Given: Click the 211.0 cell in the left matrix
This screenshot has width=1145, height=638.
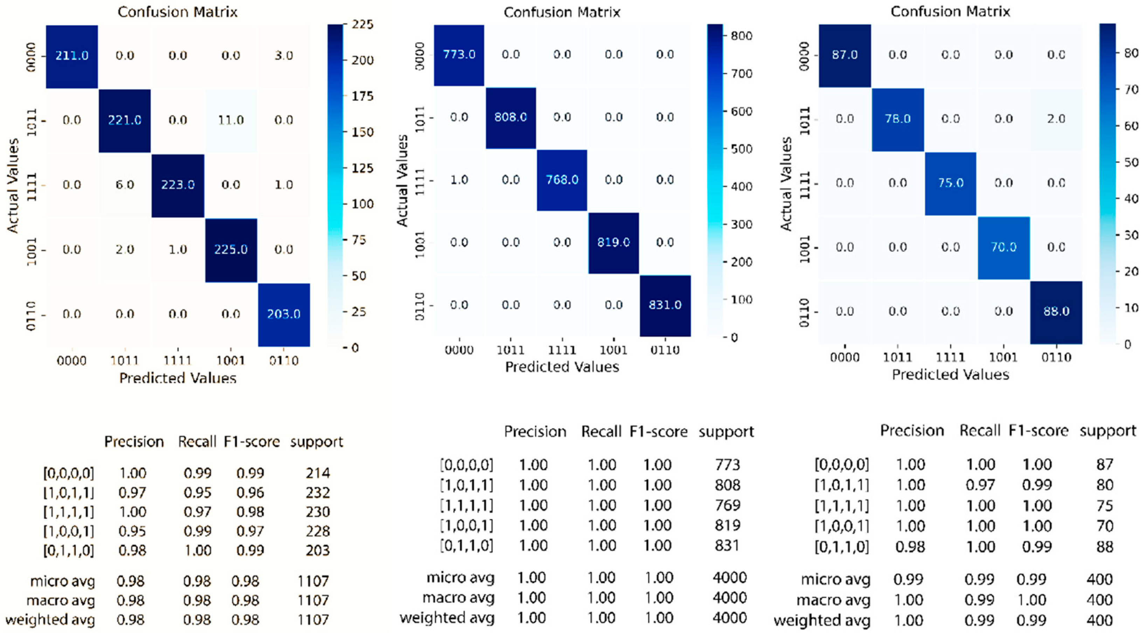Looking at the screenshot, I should point(71,56).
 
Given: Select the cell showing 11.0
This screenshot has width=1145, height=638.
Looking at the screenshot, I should point(231,120).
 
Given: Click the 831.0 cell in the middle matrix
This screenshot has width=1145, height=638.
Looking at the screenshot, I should point(665,305).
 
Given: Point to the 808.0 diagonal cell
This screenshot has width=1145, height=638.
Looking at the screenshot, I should point(510,117).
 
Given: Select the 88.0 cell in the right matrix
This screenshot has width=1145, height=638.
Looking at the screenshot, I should point(1056,311).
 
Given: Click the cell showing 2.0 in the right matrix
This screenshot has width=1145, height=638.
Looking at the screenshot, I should point(1056,119).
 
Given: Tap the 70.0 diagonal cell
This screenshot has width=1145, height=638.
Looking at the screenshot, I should point(1003,247).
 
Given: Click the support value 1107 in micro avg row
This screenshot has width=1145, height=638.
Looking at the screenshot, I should point(313,581).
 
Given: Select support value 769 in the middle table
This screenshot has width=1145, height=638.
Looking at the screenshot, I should point(728,506).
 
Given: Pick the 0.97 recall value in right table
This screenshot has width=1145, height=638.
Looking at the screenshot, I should point(980,485).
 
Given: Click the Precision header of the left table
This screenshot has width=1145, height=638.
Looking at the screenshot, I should point(134,442).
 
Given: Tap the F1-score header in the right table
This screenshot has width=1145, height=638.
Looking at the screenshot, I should point(1038,431).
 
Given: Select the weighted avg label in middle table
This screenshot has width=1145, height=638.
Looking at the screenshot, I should point(447,618).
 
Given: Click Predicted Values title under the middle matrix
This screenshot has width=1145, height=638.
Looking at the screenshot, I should point(562,367).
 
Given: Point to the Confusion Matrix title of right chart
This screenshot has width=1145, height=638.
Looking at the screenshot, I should point(950,12).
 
